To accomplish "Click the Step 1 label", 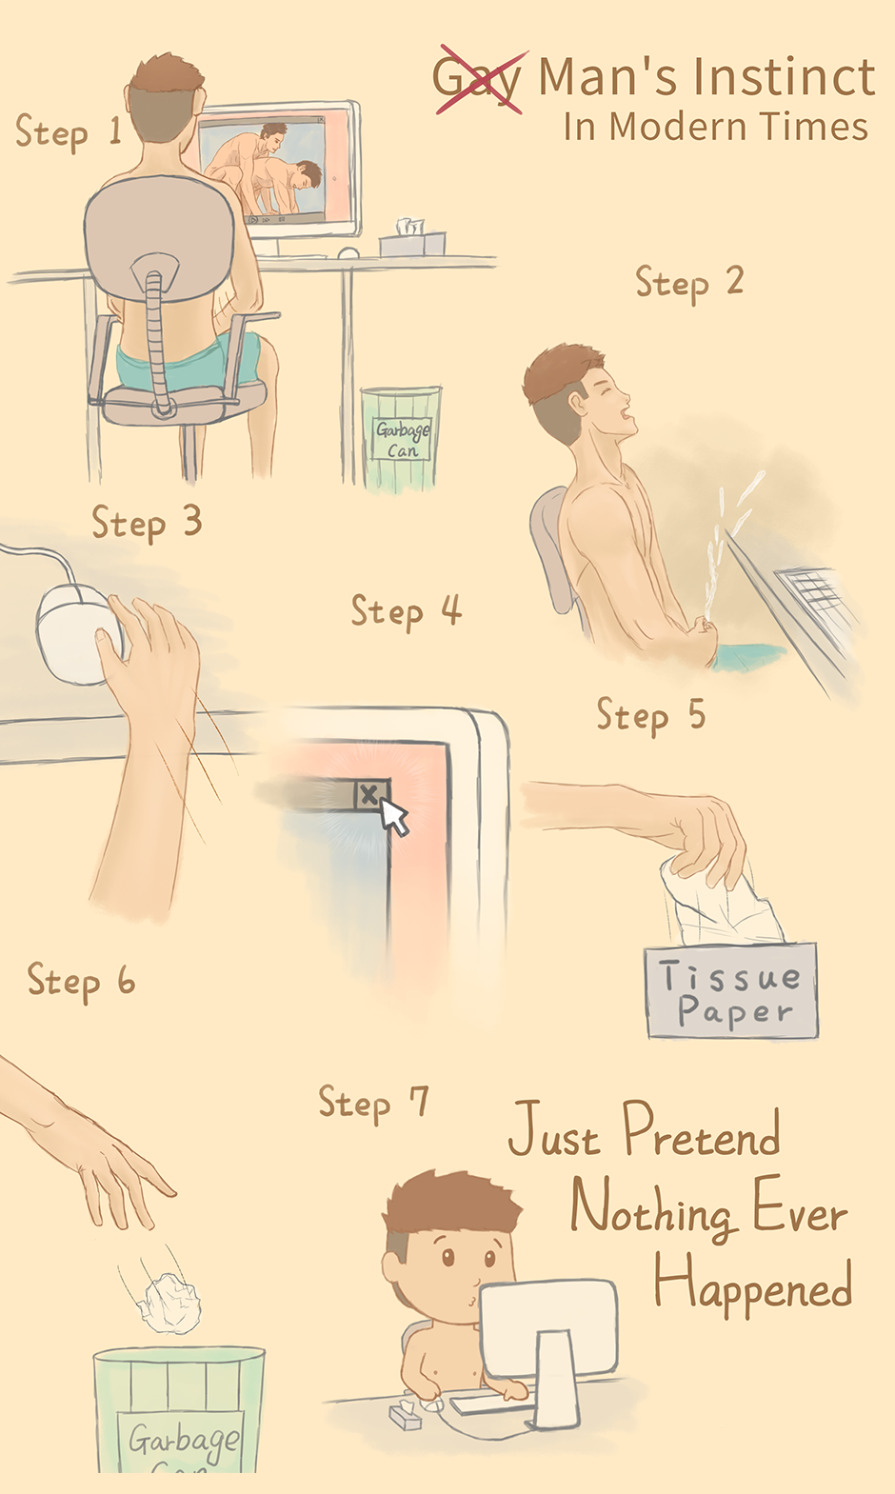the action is tap(69, 131).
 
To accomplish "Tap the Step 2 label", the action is tap(689, 283).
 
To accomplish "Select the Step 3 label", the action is tap(147, 522).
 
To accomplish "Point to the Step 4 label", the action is tap(407, 611).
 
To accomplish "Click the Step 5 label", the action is tap(651, 715).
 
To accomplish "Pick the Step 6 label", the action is tap(81, 981).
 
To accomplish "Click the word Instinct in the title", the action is tap(784, 77).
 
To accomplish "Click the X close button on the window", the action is tap(368, 794).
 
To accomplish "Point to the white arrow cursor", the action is tap(394, 816).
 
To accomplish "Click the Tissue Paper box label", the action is tap(731, 991).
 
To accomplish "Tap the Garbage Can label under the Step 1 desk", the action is tap(402, 439).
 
